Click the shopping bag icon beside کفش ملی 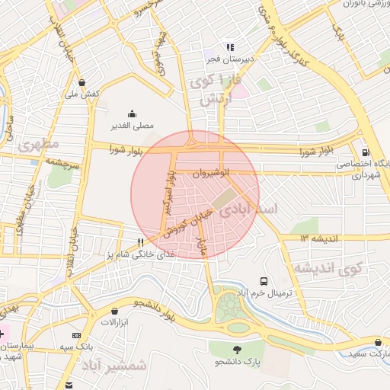(x=83, y=82)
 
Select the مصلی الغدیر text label (x=134, y=124)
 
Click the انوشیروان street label (x=210, y=174)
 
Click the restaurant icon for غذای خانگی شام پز (x=140, y=242)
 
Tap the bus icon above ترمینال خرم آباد (x=264, y=281)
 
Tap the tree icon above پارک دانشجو (x=238, y=350)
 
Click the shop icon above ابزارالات (x=115, y=312)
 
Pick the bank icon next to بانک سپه (x=75, y=334)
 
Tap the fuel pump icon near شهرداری (x=366, y=152)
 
